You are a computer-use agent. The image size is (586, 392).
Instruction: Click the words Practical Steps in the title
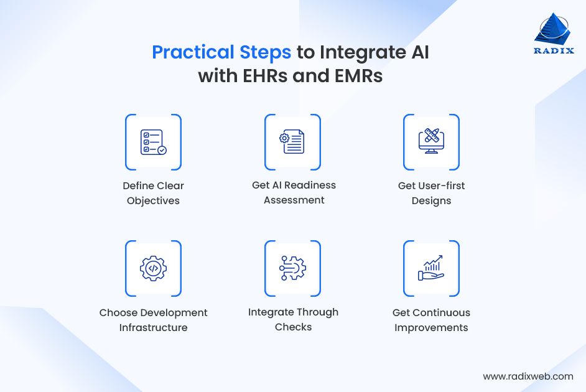(221, 52)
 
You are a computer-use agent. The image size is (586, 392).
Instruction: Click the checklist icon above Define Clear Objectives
(153, 142)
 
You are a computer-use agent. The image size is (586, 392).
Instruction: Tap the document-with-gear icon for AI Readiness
(292, 142)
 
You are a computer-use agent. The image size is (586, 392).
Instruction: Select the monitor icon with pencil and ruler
(431, 142)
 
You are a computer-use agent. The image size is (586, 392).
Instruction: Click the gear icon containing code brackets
(153, 268)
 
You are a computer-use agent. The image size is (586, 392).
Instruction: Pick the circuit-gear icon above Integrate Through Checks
(292, 268)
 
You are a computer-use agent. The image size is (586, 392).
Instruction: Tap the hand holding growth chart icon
(431, 268)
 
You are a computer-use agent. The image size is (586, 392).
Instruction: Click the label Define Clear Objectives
(153, 193)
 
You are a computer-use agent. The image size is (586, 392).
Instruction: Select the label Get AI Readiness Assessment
(294, 192)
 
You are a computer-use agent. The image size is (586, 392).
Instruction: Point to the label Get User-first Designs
(431, 193)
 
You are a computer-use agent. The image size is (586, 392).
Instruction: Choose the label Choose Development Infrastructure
(153, 320)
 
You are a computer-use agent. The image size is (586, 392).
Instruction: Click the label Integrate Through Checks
(293, 319)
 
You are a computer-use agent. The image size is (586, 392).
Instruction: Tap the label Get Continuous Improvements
(431, 320)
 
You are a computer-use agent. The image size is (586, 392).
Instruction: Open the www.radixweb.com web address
(528, 376)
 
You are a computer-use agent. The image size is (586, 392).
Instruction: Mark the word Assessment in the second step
(294, 200)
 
